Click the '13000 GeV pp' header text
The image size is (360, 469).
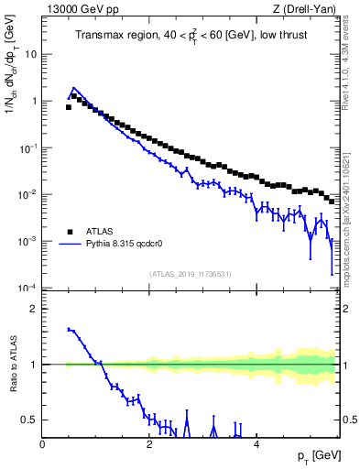76,10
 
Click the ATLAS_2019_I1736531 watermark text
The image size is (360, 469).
191,274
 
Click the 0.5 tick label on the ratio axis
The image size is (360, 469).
28,420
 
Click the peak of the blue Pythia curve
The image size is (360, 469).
74,89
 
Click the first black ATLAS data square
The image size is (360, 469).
69,107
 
